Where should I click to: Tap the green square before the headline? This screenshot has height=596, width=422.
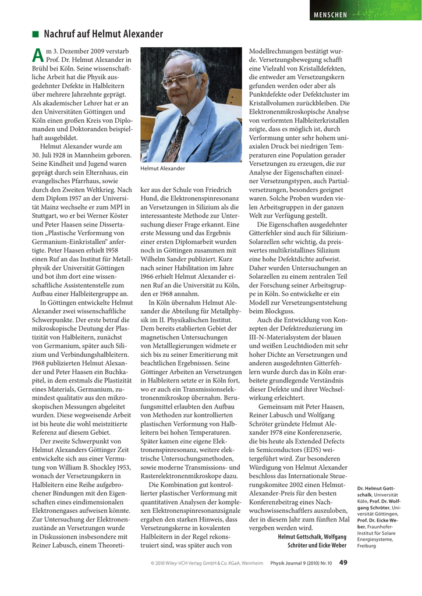point(36,34)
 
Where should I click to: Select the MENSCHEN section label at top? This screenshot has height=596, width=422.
point(330,15)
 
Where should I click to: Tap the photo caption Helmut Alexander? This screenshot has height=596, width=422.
point(163,169)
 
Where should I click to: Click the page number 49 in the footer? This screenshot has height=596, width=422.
point(343,562)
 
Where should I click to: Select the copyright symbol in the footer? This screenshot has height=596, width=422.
point(153,563)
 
